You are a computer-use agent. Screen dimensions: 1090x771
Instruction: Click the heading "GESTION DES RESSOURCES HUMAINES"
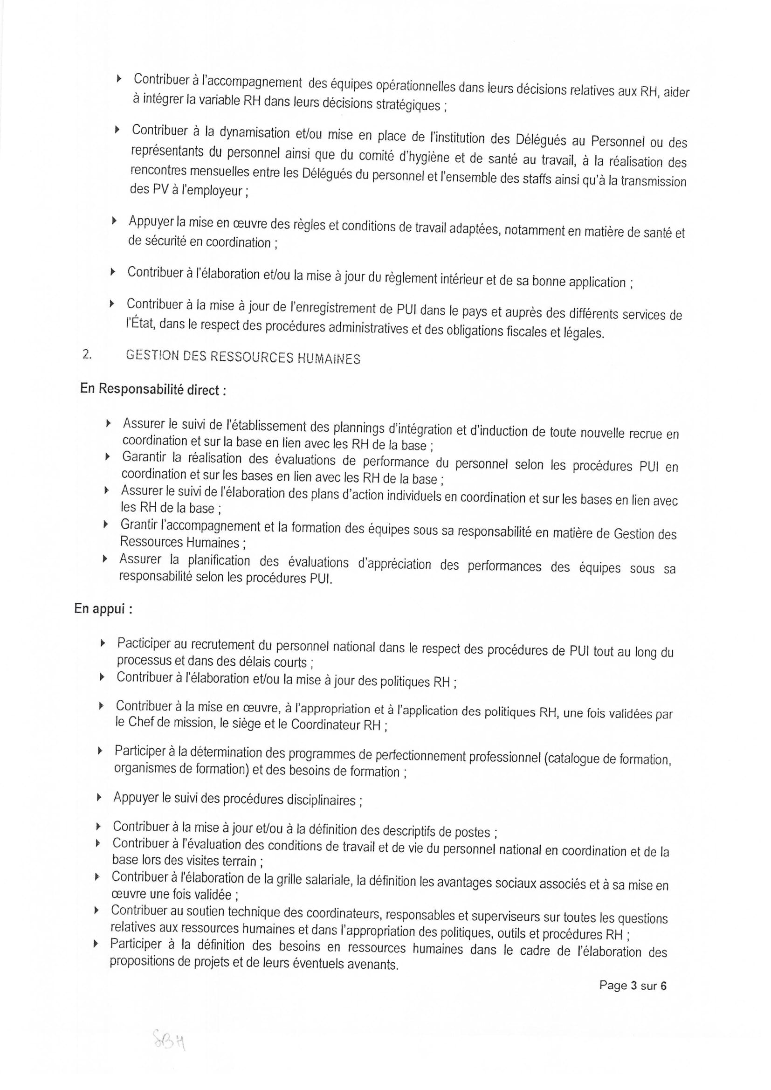pyautogui.click(x=242, y=358)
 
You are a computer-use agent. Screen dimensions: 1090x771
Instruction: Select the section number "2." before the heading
pyautogui.click(x=87, y=355)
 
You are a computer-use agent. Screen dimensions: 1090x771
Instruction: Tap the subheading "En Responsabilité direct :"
pyautogui.click(x=153, y=390)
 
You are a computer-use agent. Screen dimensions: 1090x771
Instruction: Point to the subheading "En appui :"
pyautogui.click(x=103, y=609)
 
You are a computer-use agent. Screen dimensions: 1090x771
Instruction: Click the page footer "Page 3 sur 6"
pyautogui.click(x=633, y=986)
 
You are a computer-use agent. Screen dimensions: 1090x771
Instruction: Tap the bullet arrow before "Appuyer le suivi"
pyautogui.click(x=99, y=797)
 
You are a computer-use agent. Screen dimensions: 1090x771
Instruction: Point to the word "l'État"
pyautogui.click(x=140, y=323)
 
